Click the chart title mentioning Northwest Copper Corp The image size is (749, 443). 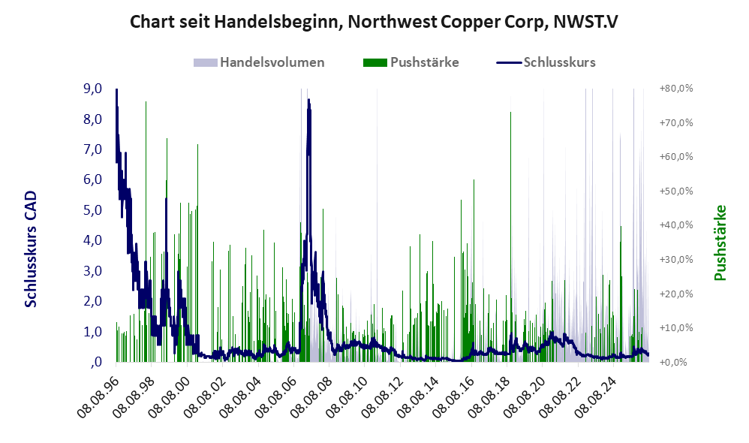coord(374,22)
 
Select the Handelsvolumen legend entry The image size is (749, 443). coord(259,62)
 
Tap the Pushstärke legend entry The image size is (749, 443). coord(411,62)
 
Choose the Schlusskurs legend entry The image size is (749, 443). coord(546,62)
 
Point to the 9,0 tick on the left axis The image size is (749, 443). coord(92,89)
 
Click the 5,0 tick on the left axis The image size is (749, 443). coord(92,209)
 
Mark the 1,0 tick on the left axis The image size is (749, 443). coord(92,331)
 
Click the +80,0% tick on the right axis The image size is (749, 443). coord(676,89)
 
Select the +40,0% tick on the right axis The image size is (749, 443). coord(676,225)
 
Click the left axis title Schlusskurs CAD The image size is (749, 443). coord(31,249)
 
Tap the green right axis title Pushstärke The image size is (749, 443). coord(720,243)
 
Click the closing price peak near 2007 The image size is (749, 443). coord(308,100)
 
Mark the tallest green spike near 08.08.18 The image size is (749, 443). coord(510,113)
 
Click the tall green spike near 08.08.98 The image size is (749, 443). coord(146,102)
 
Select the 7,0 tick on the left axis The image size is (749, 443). coord(92,149)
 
